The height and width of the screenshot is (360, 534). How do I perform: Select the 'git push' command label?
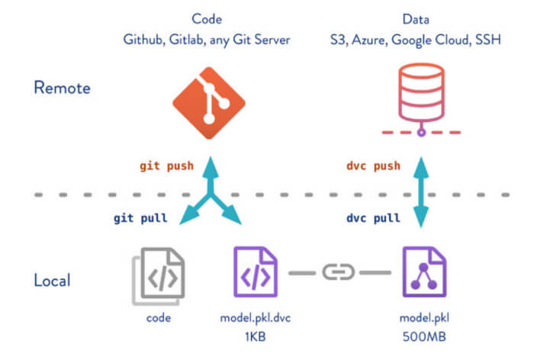click(x=166, y=166)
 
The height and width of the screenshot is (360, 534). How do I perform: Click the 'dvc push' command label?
click(x=373, y=166)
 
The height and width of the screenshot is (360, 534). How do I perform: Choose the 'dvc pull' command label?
click(x=373, y=217)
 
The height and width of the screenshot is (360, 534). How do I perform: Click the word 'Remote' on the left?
click(x=62, y=88)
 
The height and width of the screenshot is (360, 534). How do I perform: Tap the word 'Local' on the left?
click(x=52, y=280)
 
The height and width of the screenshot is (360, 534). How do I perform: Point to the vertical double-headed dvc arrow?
click(x=420, y=191)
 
